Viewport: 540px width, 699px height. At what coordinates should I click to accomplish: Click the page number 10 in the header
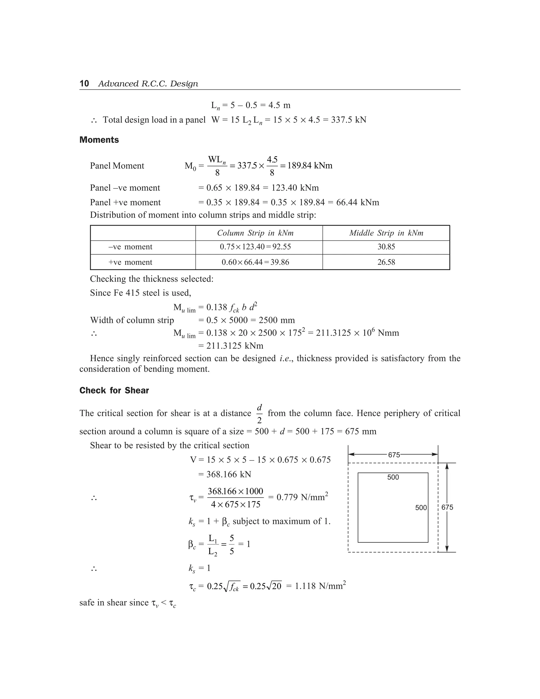[84, 84]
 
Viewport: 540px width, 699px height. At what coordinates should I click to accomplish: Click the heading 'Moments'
[99, 140]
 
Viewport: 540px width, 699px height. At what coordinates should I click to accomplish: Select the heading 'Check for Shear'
[114, 390]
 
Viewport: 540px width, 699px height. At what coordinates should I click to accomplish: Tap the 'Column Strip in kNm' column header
[255, 233]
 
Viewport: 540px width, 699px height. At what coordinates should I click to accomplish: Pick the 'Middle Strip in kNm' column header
[386, 233]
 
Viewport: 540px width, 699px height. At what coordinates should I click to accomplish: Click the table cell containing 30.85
[386, 247]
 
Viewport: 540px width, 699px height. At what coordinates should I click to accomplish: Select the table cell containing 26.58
[386, 262]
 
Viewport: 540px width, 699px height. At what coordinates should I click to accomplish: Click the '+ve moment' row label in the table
[130, 262]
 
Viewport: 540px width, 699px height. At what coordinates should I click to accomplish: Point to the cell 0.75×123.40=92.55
[255, 247]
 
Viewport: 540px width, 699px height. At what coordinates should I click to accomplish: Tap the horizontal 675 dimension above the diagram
[394, 455]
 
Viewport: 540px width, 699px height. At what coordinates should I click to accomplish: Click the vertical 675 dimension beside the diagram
[447, 507]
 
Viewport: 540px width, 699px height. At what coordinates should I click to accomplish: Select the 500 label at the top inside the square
[393, 477]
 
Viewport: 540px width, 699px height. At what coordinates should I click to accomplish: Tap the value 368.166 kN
[228, 474]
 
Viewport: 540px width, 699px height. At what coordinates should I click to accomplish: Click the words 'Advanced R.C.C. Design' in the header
[148, 84]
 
